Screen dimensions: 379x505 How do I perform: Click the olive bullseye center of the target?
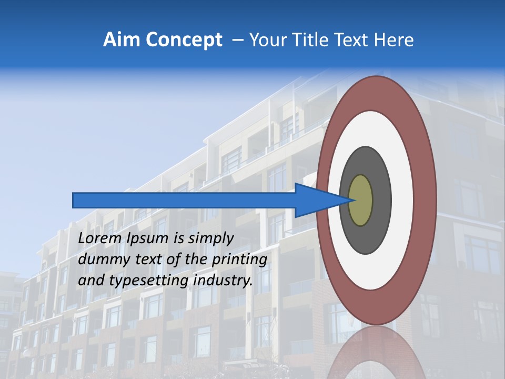(361, 200)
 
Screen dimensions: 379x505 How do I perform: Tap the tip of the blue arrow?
(351, 200)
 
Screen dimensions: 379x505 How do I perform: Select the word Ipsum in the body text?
(148, 238)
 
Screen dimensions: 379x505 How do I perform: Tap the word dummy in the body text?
(100, 259)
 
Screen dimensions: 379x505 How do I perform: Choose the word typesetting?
(149, 281)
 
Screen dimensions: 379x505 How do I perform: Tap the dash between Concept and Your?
(237, 40)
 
